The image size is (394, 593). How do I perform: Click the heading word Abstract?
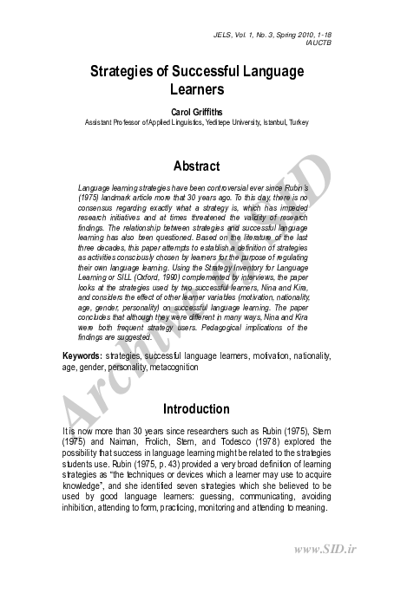196,166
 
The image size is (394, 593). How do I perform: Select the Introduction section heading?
196,409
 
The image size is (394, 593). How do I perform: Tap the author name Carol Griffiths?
196,112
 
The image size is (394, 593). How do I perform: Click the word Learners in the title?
196,88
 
